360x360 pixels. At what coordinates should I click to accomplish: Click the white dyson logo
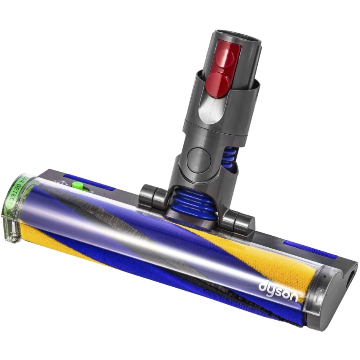(278, 291)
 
